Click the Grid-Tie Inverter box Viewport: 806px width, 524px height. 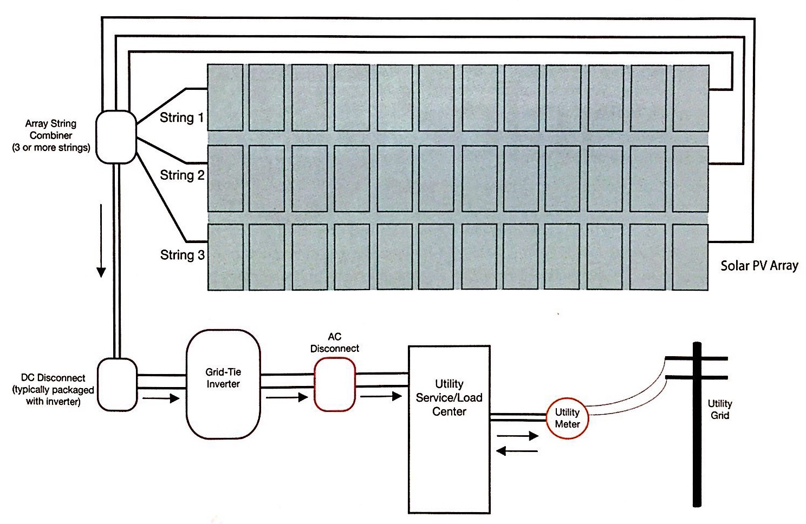coord(223,384)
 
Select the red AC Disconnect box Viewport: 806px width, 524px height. coord(335,384)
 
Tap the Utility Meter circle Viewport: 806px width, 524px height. coord(567,418)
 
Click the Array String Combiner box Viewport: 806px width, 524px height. coord(115,137)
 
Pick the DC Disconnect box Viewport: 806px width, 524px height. coord(117,384)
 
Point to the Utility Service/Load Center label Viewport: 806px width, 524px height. coord(449,398)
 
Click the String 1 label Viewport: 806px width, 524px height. coord(181,117)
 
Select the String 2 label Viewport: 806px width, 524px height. coord(182,175)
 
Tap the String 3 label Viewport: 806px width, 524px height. coord(182,255)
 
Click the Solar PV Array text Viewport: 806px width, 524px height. coord(759,266)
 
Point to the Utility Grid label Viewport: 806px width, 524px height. coord(719,410)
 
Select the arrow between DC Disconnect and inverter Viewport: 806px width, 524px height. coord(161,399)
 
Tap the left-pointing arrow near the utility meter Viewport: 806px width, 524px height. coord(517,450)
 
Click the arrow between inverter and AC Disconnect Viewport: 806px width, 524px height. coord(287,398)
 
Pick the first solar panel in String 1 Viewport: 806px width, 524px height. coord(225,98)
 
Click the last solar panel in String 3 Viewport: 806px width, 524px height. coord(690,257)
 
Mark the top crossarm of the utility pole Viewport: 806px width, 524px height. coord(697,358)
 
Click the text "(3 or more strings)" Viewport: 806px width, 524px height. coord(51,148)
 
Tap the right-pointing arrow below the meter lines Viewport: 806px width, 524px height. coord(517,436)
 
